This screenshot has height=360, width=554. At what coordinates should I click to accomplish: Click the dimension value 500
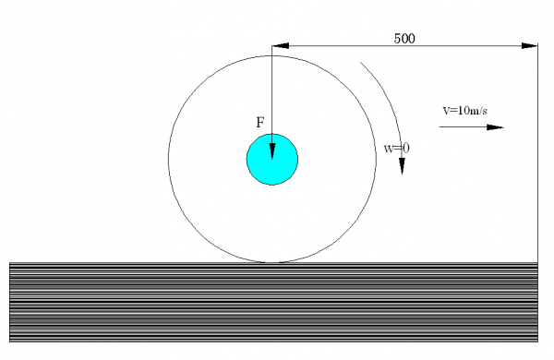(404, 39)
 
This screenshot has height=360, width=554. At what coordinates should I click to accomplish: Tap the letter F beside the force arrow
(260, 123)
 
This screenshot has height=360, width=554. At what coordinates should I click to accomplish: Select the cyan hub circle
(272, 160)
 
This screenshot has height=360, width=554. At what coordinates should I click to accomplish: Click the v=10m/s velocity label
(465, 111)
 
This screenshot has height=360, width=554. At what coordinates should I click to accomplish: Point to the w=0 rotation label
(397, 149)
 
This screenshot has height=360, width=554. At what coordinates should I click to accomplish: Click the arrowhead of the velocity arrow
(495, 127)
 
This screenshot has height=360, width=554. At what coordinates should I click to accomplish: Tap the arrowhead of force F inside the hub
(272, 151)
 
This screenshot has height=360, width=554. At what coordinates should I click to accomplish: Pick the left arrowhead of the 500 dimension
(281, 45)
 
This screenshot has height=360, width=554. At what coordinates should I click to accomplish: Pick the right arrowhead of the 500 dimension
(530, 45)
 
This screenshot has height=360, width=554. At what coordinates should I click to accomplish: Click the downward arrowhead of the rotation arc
(402, 166)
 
